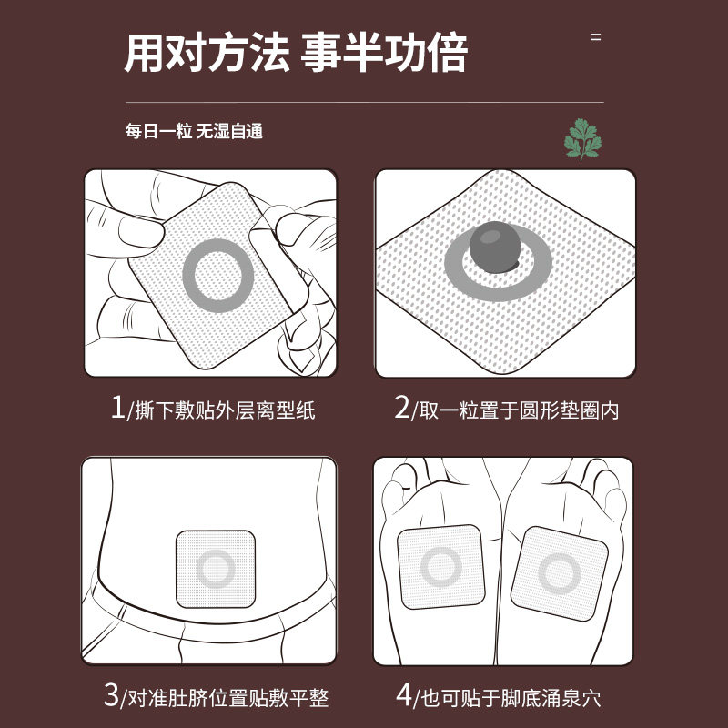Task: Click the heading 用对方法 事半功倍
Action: [x=296, y=54]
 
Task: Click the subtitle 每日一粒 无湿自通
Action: [x=194, y=131]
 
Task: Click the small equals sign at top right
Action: [x=596, y=38]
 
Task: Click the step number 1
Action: [x=116, y=409]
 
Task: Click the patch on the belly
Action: [x=215, y=569]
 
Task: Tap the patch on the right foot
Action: [x=559, y=572]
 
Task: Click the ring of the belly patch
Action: [x=215, y=569]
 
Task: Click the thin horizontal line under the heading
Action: [x=364, y=103]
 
